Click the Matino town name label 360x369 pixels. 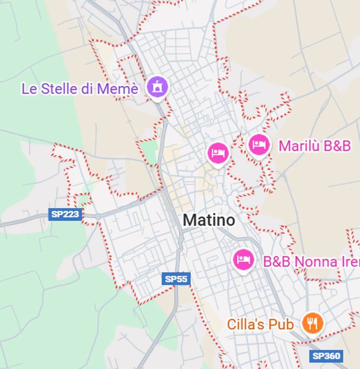209,221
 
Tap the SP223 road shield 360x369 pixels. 65,214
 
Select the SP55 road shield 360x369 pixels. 176,279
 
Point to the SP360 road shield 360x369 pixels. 326,356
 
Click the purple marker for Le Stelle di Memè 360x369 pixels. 157,87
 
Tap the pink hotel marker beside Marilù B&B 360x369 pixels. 259,144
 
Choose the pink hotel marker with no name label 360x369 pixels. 218,153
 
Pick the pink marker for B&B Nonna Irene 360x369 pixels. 243,259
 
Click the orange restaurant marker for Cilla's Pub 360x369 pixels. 312,323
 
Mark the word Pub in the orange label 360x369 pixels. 281,325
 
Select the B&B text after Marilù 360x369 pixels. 337,146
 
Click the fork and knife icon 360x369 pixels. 312,323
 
